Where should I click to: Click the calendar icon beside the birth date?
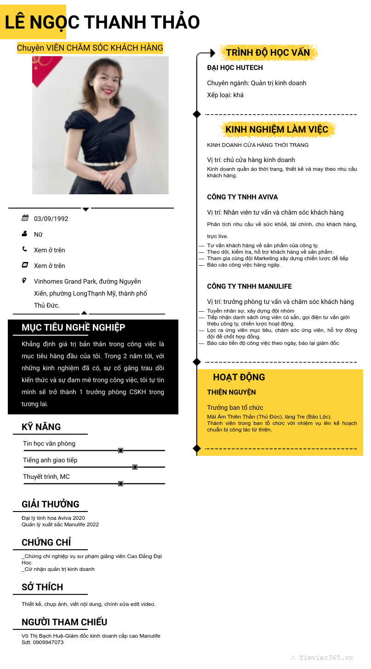[x=25, y=218]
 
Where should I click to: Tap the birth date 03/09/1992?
[x=51, y=219]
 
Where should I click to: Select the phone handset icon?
[x=25, y=250]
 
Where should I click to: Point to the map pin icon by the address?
[x=24, y=280]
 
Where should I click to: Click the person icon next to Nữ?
[x=25, y=234]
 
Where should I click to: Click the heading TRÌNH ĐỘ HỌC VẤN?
[x=268, y=52]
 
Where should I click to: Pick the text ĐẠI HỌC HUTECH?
[x=235, y=68]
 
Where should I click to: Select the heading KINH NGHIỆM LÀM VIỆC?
[x=277, y=129]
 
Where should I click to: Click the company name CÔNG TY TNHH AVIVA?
[x=242, y=197]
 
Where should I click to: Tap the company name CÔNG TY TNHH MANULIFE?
[x=249, y=286]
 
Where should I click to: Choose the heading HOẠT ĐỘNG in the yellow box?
[x=239, y=377]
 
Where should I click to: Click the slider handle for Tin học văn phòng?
[x=120, y=450]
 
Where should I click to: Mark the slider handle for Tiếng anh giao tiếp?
[x=135, y=467]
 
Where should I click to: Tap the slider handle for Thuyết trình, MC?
[x=120, y=483]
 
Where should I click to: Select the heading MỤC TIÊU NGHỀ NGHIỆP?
[x=74, y=327]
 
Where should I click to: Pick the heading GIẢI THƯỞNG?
[x=51, y=504]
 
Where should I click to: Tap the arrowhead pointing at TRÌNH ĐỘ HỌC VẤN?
[x=212, y=53]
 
